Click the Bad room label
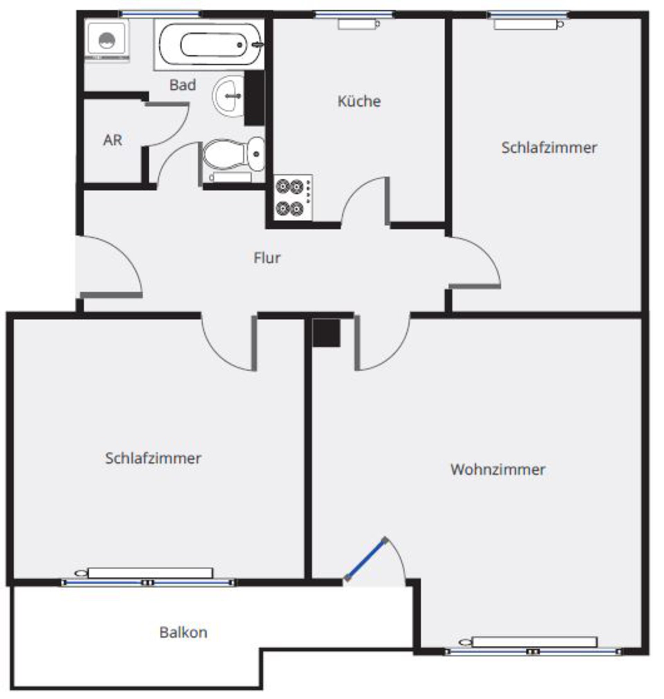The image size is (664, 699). click(x=183, y=85)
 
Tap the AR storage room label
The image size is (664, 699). click(x=112, y=140)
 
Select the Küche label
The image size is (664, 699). click(x=359, y=101)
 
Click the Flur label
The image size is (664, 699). click(x=267, y=258)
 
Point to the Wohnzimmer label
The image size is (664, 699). click(x=498, y=470)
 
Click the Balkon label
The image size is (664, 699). click(x=183, y=633)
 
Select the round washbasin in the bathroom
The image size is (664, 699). click(x=229, y=95)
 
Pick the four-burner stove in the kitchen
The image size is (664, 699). click(x=293, y=197)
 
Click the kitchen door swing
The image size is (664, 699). click(x=365, y=200)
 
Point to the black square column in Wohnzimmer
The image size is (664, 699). click(x=326, y=333)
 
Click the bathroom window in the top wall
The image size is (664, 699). click(x=160, y=14)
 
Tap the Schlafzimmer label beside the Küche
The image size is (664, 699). click(x=549, y=148)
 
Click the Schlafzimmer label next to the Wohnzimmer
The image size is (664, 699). click(x=153, y=458)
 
